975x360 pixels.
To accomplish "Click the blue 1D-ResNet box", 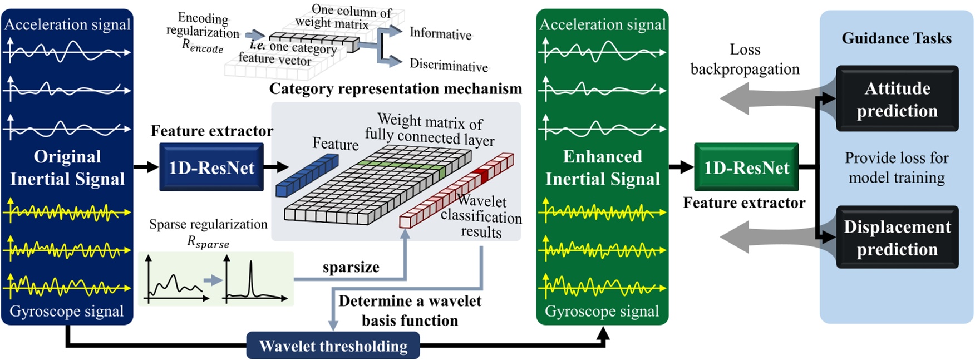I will (211, 167).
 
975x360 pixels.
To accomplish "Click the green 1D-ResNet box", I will (746, 167).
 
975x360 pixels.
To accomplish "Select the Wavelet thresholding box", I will (333, 346).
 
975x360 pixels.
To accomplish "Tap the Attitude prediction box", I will (897, 99).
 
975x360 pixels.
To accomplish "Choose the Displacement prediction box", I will (897, 238).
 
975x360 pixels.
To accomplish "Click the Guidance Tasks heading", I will (896, 38).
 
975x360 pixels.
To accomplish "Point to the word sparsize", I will (351, 267).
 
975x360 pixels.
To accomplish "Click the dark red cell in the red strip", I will (482, 174).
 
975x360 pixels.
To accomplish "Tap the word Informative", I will (440, 34).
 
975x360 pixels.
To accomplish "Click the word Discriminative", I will (448, 66).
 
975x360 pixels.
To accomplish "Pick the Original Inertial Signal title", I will (67, 167).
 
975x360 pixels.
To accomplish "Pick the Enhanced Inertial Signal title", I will (602, 167).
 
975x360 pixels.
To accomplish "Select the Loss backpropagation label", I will (745, 60).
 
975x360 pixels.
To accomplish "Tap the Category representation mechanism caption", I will (395, 89).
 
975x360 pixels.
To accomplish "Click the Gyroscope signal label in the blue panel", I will (67, 312).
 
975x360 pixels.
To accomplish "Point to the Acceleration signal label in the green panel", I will (602, 24).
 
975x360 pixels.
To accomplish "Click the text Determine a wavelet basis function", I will (410, 310).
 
